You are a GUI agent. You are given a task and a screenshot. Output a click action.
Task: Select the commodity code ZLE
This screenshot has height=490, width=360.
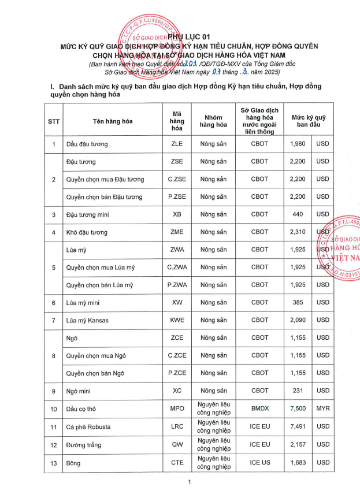(177, 144)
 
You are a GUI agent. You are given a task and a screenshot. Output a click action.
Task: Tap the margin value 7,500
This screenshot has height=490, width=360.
(297, 409)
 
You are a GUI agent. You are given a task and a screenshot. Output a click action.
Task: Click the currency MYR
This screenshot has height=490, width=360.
(322, 409)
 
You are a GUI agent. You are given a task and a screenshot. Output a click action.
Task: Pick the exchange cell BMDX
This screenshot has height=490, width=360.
(259, 409)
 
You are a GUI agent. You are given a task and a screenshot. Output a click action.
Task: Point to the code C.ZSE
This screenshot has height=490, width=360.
(177, 179)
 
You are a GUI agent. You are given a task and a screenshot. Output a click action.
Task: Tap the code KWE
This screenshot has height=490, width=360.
(177, 320)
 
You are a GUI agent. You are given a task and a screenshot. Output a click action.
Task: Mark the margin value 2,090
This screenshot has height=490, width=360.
(297, 320)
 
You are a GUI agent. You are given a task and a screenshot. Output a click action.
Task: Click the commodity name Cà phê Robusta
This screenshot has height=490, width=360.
(88, 427)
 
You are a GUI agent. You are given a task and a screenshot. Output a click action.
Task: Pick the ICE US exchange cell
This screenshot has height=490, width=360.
(259, 462)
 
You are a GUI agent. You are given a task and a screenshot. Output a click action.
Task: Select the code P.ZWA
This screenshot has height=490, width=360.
(177, 285)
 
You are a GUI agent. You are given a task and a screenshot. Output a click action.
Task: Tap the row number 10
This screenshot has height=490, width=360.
(54, 409)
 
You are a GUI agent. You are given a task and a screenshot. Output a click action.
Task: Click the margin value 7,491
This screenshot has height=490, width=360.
(297, 427)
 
